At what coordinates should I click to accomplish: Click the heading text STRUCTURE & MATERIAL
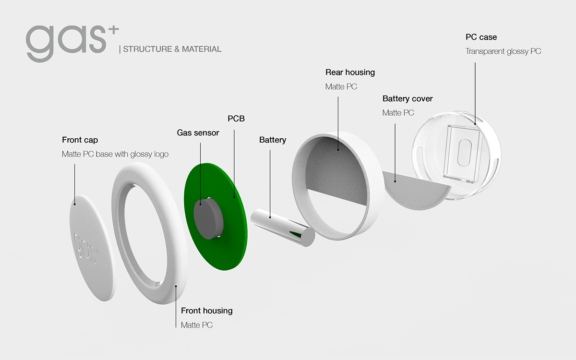(x=172, y=49)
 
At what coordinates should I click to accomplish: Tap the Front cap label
(x=80, y=140)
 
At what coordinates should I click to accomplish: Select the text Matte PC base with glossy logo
(x=115, y=154)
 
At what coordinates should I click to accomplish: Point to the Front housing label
(x=206, y=311)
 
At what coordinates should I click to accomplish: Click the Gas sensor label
(x=198, y=132)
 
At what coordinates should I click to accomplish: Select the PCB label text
(x=236, y=118)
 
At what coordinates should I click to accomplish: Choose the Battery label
(x=272, y=140)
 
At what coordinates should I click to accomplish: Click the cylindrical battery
(x=281, y=226)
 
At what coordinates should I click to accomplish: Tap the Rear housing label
(x=350, y=72)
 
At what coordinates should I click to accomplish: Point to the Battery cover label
(x=408, y=98)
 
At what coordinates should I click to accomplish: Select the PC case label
(x=481, y=37)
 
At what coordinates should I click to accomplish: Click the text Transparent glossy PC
(x=503, y=51)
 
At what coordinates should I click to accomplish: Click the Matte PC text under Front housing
(x=196, y=325)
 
